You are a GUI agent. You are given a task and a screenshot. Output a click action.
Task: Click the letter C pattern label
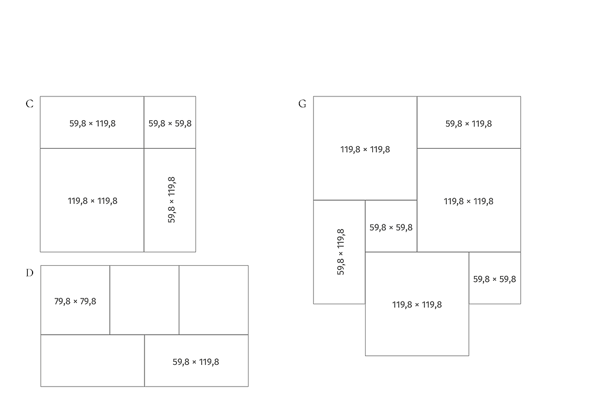(30, 104)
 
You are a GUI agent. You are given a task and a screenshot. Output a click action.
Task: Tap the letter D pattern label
(30, 274)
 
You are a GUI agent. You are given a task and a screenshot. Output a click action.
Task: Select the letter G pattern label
(302, 104)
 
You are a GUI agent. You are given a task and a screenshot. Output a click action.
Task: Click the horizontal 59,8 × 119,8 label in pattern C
(92, 124)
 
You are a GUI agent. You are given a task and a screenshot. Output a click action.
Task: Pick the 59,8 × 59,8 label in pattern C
(170, 124)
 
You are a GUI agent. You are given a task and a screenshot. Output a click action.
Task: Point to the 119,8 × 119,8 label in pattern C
(92, 201)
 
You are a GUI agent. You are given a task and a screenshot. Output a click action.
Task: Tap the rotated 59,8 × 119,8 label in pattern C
(172, 200)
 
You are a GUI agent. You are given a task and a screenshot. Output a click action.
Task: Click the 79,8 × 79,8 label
(75, 301)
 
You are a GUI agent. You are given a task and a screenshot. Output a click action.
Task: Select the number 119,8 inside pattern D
(207, 362)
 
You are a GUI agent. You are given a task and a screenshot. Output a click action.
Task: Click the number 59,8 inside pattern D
(182, 362)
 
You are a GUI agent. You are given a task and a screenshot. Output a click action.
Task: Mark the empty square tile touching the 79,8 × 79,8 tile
(144, 300)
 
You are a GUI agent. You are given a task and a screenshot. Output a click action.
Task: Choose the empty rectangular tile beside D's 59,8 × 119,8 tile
(92, 361)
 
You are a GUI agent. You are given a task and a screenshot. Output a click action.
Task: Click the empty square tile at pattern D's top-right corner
(214, 300)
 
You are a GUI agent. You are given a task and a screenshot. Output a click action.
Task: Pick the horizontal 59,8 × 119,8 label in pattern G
(469, 124)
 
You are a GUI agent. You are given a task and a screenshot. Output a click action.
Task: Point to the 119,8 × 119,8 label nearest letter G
(365, 149)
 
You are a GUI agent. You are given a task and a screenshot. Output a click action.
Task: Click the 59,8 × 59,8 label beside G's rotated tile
(391, 227)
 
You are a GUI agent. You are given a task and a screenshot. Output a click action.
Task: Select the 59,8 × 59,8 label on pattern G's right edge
(495, 280)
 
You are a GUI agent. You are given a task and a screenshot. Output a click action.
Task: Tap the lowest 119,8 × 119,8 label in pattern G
(417, 305)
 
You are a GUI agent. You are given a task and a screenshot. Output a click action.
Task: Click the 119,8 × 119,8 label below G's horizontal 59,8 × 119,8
(469, 201)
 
